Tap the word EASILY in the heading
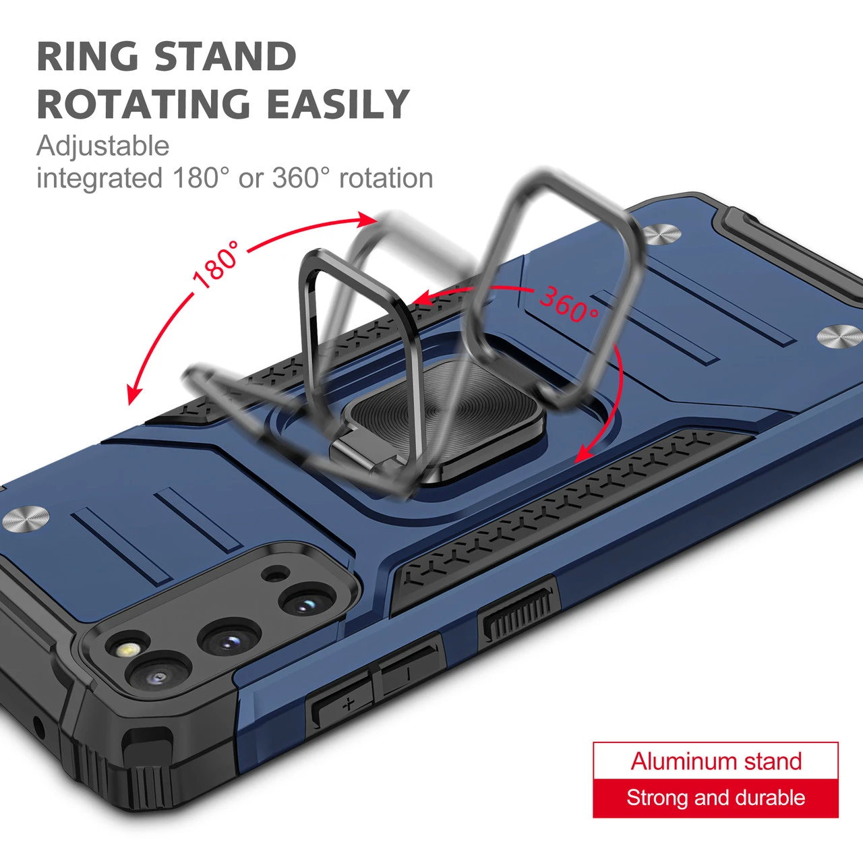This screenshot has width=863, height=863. [x=338, y=104]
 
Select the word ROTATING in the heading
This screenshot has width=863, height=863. [x=144, y=104]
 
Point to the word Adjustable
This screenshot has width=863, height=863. [x=103, y=146]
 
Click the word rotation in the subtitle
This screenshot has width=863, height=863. [x=386, y=178]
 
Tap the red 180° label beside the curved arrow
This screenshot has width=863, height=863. [x=216, y=265]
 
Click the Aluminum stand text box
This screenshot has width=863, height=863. [x=715, y=761]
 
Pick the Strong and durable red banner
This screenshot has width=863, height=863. [x=715, y=798]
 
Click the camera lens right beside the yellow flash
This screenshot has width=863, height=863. [x=159, y=678]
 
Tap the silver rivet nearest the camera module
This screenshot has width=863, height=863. [x=26, y=520]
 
